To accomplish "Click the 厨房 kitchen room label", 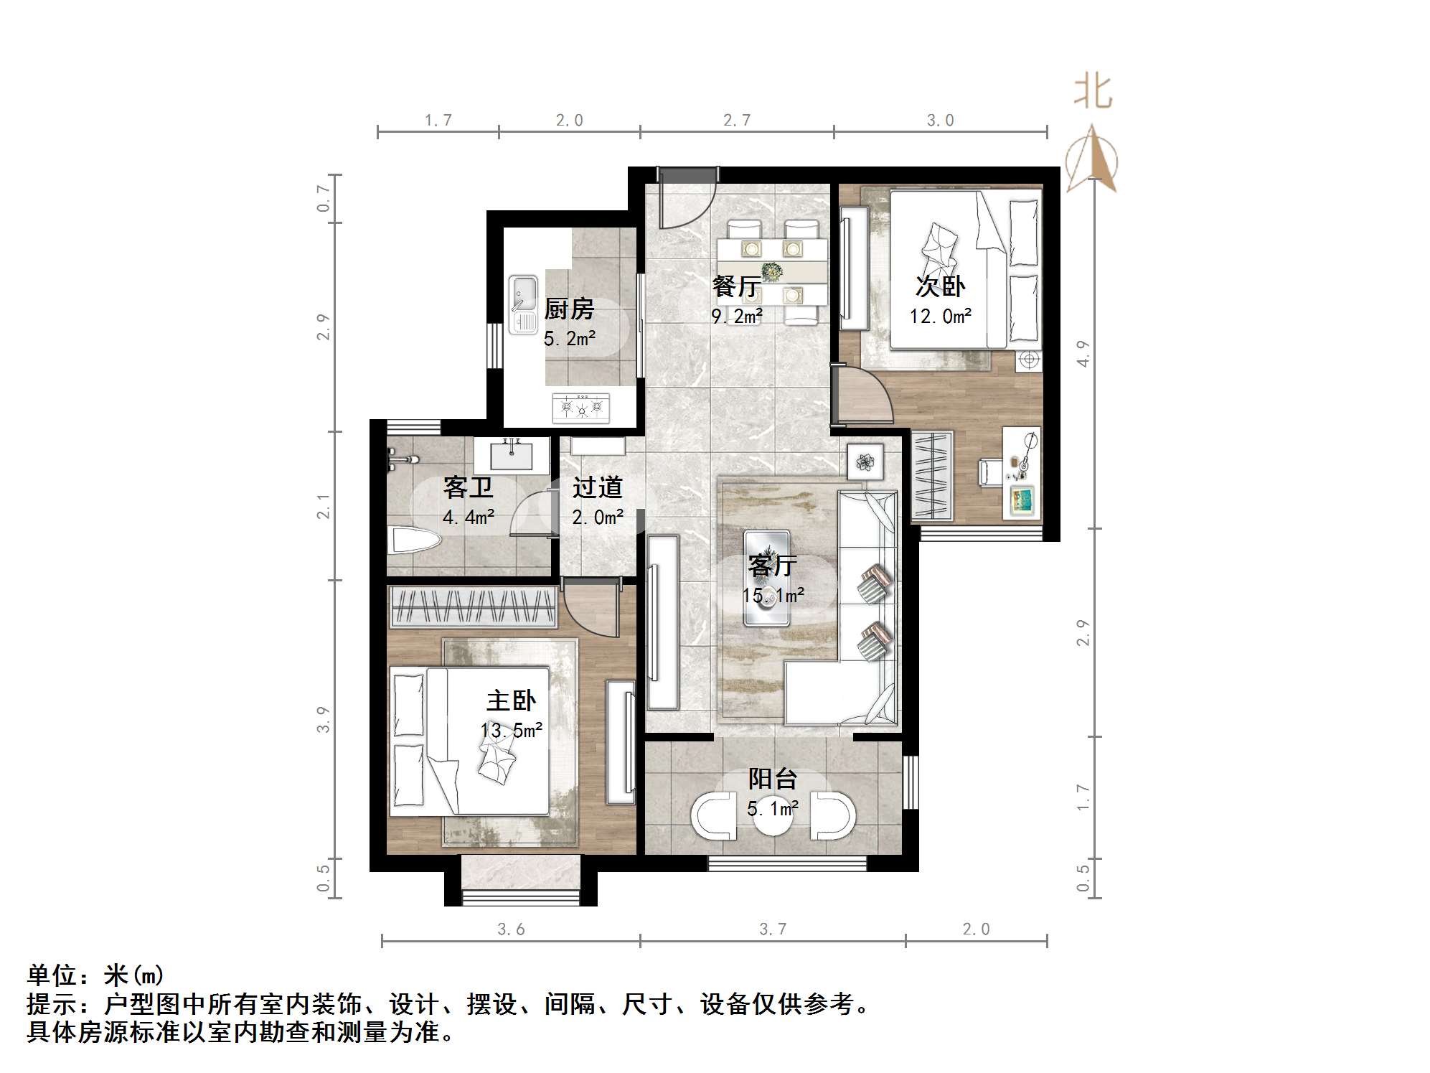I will pos(569,309).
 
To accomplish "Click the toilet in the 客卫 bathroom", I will pos(413,540).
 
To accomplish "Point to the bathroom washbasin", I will pos(512,455).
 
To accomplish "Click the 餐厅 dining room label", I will pos(736,286).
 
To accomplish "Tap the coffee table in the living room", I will pos(766,578).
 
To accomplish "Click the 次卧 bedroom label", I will pos(940,286).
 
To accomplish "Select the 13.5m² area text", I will pos(512,731).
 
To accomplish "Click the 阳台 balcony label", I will pos(772,779).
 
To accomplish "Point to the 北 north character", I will pos(1093,93).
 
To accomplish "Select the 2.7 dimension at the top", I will pos(737,121).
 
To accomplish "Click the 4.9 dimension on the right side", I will pos(1083,353).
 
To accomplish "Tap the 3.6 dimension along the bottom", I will pos(511,929).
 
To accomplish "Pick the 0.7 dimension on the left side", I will pos(324,198).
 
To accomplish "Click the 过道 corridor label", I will pos(597,488).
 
